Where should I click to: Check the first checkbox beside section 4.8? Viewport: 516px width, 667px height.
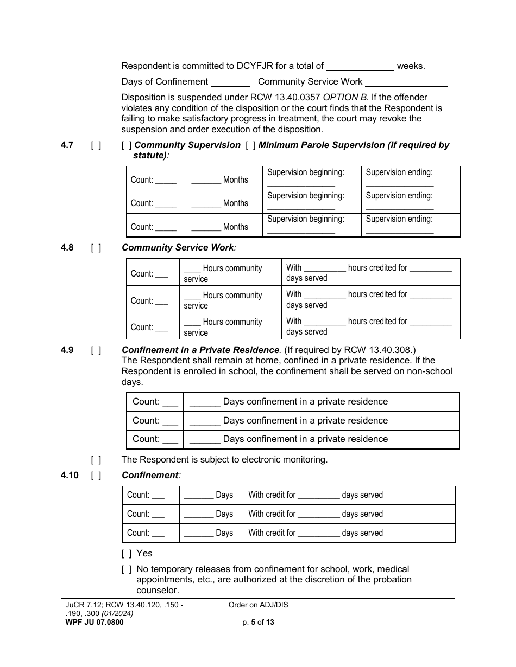tap(96, 248)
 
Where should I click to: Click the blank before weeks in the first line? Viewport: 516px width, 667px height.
tap(360, 67)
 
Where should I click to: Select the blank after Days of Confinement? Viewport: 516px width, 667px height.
tap(230, 82)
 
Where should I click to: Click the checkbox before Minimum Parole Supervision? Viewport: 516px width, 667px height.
tap(250, 145)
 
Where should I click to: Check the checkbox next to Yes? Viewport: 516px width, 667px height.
tap(127, 554)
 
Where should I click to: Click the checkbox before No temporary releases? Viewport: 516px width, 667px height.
tap(127, 569)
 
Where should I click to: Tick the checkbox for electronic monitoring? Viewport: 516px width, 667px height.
tap(96, 460)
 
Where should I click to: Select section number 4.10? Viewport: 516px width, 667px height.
tap(70, 476)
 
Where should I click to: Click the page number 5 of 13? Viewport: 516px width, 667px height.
tap(258, 623)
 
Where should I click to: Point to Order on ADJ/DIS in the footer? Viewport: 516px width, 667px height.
tap(258, 605)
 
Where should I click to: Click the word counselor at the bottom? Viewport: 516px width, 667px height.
tap(158, 591)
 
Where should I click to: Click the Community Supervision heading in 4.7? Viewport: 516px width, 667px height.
tap(187, 145)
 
